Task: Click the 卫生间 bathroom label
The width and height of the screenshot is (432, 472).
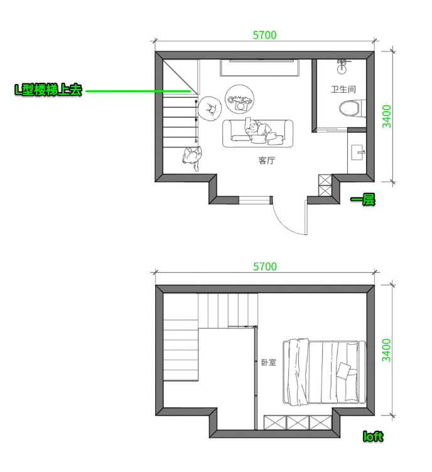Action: (343, 90)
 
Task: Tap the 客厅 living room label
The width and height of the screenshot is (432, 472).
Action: (266, 160)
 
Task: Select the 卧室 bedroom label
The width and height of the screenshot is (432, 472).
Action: (268, 362)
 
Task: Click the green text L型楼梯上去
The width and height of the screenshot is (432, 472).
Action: (48, 90)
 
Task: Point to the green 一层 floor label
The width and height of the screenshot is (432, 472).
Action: (363, 199)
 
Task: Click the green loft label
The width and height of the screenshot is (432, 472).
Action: (373, 436)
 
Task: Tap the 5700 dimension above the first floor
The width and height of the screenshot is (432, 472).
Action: (264, 35)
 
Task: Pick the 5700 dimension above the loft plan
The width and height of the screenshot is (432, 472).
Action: (265, 266)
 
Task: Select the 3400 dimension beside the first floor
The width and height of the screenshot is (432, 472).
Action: (387, 116)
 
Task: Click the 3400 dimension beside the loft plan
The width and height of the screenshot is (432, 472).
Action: (386, 350)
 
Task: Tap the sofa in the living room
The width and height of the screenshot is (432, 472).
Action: (257, 134)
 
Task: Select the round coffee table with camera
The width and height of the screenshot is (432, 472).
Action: (239, 99)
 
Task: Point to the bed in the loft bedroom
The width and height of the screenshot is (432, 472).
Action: (324, 372)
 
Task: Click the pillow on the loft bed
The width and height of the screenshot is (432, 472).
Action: (343, 370)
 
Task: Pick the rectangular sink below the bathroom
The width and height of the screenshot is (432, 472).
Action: (358, 152)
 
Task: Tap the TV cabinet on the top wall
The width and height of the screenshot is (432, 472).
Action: (259, 68)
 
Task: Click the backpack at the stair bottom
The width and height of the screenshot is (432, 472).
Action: (192, 158)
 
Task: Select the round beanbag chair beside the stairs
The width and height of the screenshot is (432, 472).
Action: (210, 108)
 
